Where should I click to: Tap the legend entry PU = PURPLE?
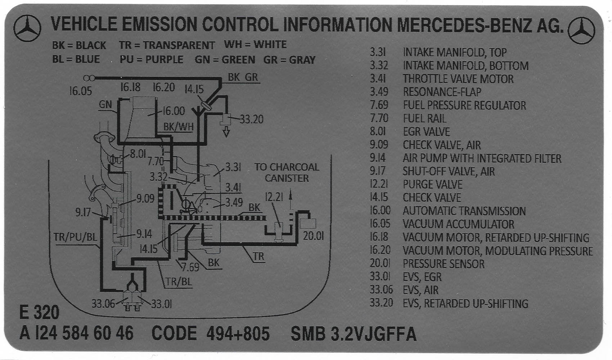tap(151, 59)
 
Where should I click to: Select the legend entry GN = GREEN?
tap(225, 60)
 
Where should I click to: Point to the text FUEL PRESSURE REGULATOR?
tap(464, 105)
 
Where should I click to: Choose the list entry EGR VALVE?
tap(426, 132)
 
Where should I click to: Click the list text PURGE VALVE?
tap(432, 185)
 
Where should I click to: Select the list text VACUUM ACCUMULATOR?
tap(458, 224)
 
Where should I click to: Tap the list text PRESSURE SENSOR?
tap(444, 264)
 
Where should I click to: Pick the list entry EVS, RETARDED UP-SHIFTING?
tap(465, 303)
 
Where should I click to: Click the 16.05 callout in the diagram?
tap(80, 91)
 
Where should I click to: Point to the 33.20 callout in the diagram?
tap(251, 119)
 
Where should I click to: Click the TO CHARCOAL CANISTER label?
tap(287, 172)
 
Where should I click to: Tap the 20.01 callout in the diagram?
tap(313, 236)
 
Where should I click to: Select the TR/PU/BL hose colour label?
tap(75, 237)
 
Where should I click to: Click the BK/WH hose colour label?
tap(178, 127)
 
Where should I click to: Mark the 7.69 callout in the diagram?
tap(190, 267)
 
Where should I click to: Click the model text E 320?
tap(39, 312)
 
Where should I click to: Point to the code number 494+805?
tap(238, 334)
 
